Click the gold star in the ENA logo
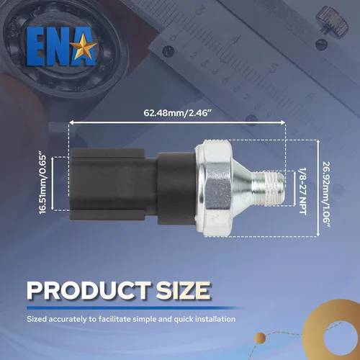click(84, 46)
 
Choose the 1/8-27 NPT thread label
click(302, 191)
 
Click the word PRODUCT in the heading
click(89, 291)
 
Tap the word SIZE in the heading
click(183, 291)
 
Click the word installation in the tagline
click(215, 319)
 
